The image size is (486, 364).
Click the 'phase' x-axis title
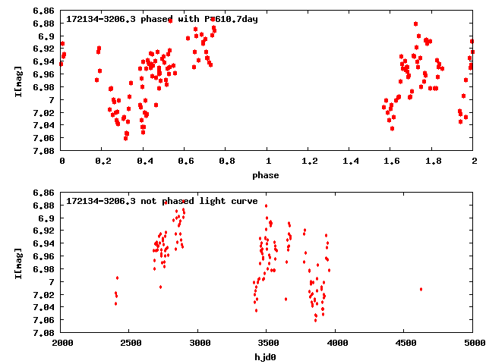(x=267, y=175)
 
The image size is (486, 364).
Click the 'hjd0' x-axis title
(x=267, y=357)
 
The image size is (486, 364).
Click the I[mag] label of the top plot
(x=17, y=81)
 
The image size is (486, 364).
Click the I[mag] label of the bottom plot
(x=17, y=263)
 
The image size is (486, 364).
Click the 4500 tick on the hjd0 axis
(x=405, y=344)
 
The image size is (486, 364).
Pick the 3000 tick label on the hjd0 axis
(x=198, y=344)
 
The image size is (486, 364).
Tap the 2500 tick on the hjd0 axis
(x=130, y=344)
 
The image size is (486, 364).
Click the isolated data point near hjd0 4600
(x=421, y=289)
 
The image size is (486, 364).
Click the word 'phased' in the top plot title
(x=155, y=18)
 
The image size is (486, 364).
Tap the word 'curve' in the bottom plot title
(x=242, y=201)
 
